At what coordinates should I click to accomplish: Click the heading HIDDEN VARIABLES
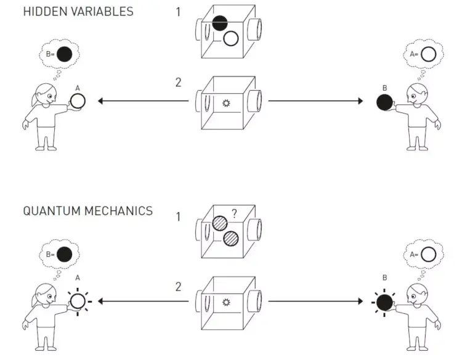click(x=78, y=12)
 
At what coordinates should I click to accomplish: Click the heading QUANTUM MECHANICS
click(x=88, y=211)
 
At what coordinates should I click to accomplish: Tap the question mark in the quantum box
click(x=235, y=214)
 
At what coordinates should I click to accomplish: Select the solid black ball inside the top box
click(x=220, y=23)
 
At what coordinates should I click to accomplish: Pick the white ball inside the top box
click(x=231, y=38)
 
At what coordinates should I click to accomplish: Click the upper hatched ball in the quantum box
click(x=220, y=224)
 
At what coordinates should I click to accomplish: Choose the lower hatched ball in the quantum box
click(x=231, y=239)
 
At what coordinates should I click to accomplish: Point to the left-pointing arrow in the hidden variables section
click(x=144, y=101)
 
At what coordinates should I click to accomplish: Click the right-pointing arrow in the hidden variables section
click(x=315, y=101)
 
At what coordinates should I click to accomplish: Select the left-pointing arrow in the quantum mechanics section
click(x=144, y=301)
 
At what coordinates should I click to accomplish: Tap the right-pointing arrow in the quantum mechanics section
click(x=315, y=301)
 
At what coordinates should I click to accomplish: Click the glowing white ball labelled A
click(x=78, y=301)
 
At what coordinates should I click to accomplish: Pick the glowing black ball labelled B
click(x=384, y=303)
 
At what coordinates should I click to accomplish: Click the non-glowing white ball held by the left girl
click(x=78, y=101)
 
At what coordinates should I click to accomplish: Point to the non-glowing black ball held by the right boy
click(x=384, y=102)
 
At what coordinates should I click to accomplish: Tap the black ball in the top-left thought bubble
click(x=64, y=54)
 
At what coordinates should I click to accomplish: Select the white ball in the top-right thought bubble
click(x=429, y=54)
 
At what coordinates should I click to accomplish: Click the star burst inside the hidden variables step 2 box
click(x=226, y=104)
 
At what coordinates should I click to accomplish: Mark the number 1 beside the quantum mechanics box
click(x=178, y=216)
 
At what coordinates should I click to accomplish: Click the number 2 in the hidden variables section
click(x=178, y=83)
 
